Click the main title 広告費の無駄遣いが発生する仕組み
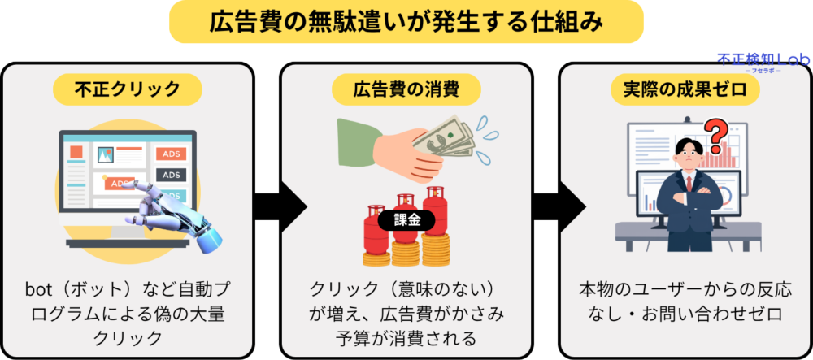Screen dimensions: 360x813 coord(406,22)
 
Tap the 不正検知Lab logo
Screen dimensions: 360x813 coord(751,62)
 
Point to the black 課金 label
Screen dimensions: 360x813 coord(406,219)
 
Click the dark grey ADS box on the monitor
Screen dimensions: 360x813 coord(172,175)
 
